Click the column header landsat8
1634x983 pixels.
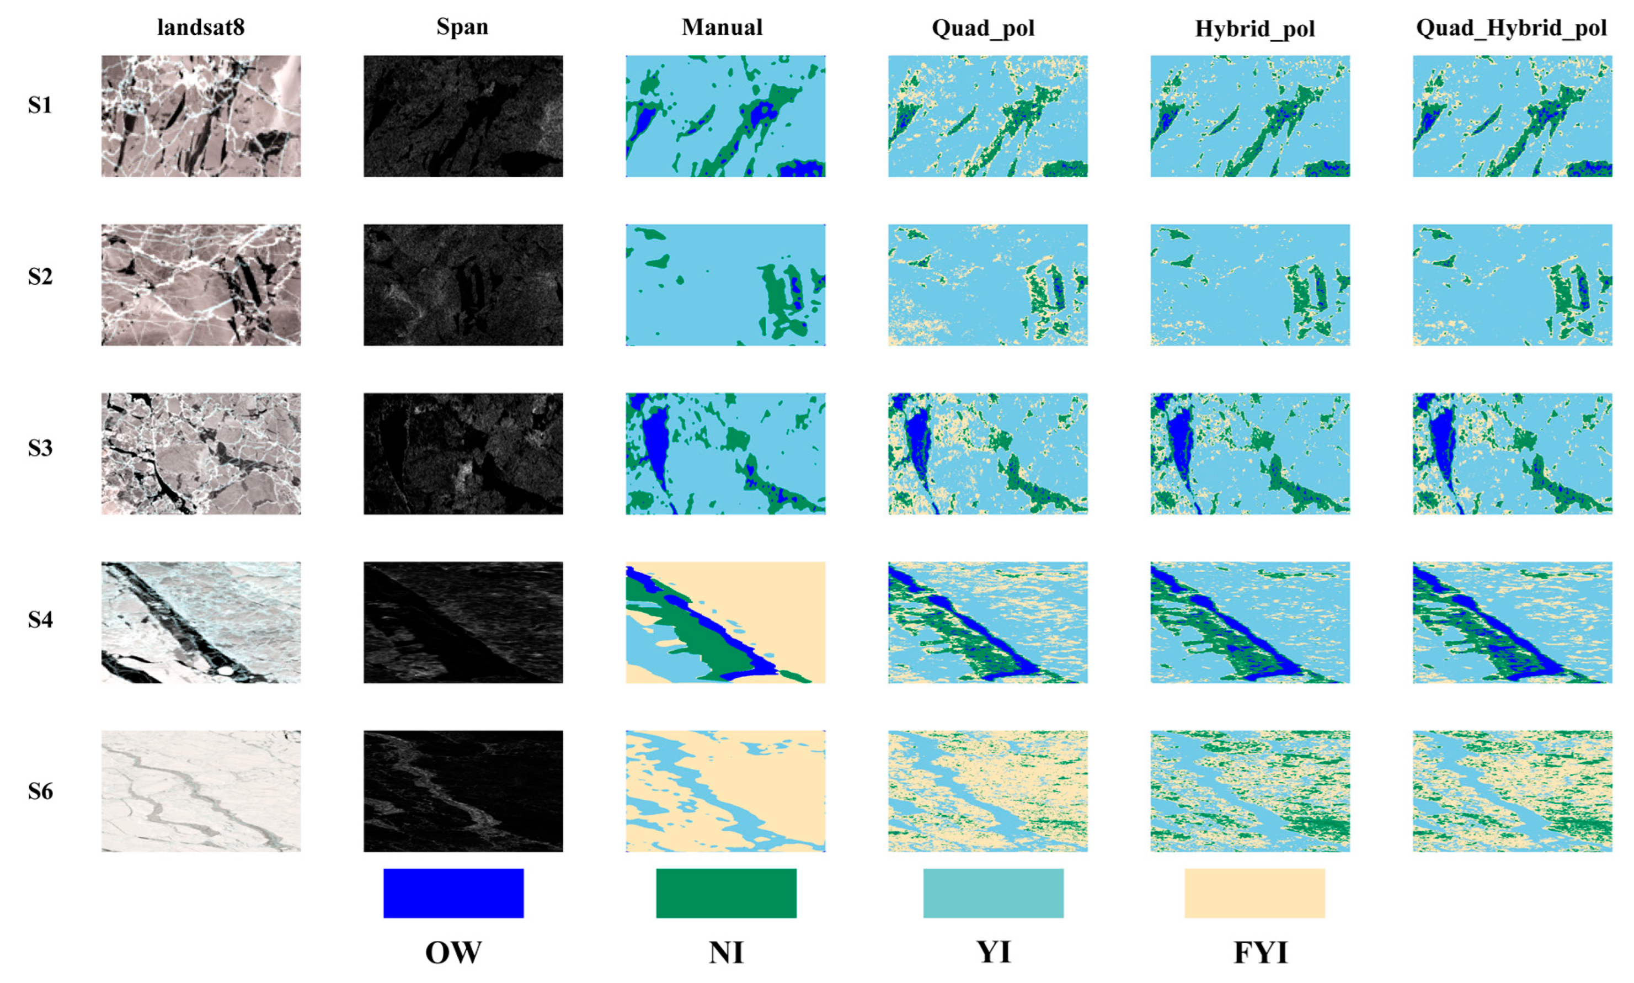[x=201, y=27]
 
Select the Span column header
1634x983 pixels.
[x=462, y=27]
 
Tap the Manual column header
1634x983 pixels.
[x=722, y=27]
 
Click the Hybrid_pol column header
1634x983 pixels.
[x=1254, y=29]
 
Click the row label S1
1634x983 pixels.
[x=40, y=105]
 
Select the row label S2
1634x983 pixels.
[x=40, y=276]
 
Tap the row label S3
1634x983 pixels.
[x=40, y=448]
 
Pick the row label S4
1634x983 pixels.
[x=40, y=619]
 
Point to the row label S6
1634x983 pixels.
[x=40, y=791]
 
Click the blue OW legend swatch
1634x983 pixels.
[x=453, y=893]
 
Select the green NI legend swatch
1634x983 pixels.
[x=727, y=893]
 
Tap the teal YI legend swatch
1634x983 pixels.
[x=993, y=893]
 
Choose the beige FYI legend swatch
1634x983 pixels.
[x=1254, y=893]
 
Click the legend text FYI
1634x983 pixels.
[x=1261, y=953]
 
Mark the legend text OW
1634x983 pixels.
[x=453, y=953]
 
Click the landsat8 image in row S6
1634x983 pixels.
[x=201, y=791]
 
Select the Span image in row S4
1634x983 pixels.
[x=463, y=622]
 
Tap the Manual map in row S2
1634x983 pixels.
[x=725, y=285]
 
